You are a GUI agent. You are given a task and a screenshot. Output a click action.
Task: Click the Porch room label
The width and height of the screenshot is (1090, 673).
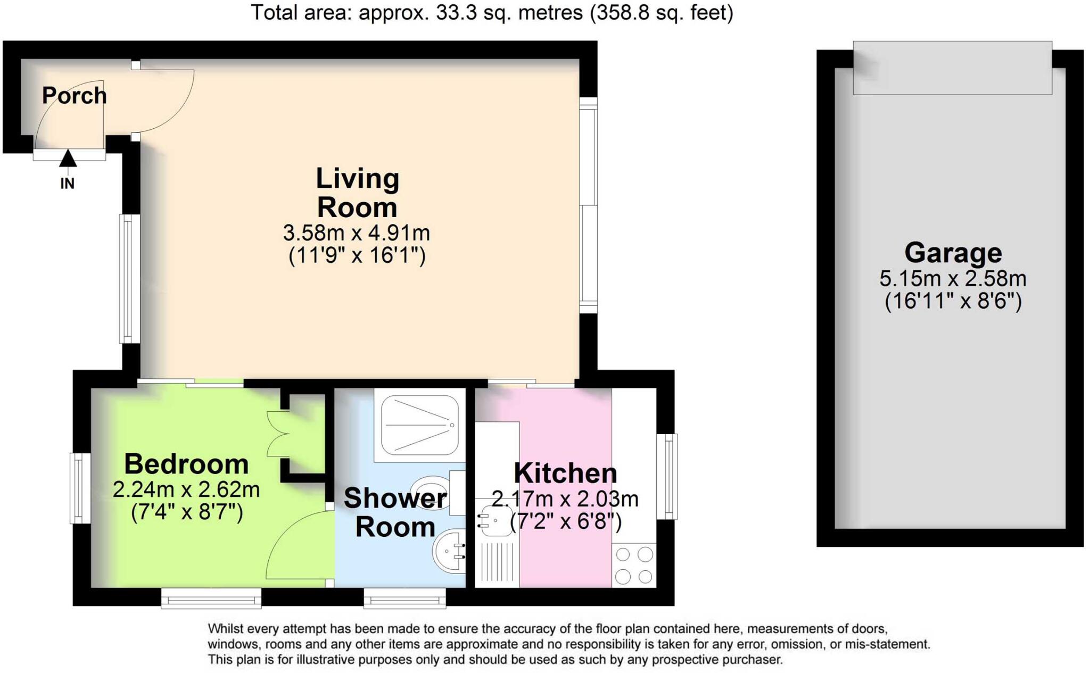[75, 96]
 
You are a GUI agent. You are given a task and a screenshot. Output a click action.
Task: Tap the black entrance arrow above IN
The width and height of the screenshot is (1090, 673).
[68, 159]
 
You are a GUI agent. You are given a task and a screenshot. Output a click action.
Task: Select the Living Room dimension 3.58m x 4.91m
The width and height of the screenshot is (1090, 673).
[356, 233]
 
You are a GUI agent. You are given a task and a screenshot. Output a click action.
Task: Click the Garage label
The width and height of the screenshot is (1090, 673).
[953, 253]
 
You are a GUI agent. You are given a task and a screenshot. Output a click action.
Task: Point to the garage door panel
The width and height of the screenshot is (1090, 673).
[952, 68]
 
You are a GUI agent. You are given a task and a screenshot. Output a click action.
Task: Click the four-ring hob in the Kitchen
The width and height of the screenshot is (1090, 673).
[634, 565]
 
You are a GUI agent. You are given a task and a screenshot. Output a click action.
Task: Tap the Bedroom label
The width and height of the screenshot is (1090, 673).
[186, 464]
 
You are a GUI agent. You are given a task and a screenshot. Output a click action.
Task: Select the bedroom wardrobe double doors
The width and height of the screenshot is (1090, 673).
[277, 434]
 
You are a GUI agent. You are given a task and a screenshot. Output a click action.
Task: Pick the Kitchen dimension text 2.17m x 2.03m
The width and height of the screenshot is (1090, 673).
[565, 499]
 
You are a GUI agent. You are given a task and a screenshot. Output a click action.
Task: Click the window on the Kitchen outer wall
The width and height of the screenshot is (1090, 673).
[667, 476]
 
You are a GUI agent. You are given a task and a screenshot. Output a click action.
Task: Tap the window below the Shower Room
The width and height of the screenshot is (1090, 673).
[404, 598]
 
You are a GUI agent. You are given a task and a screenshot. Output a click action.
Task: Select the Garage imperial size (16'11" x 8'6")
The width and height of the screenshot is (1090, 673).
[953, 302]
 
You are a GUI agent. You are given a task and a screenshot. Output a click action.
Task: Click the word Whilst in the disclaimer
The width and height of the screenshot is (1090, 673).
[226, 629]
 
